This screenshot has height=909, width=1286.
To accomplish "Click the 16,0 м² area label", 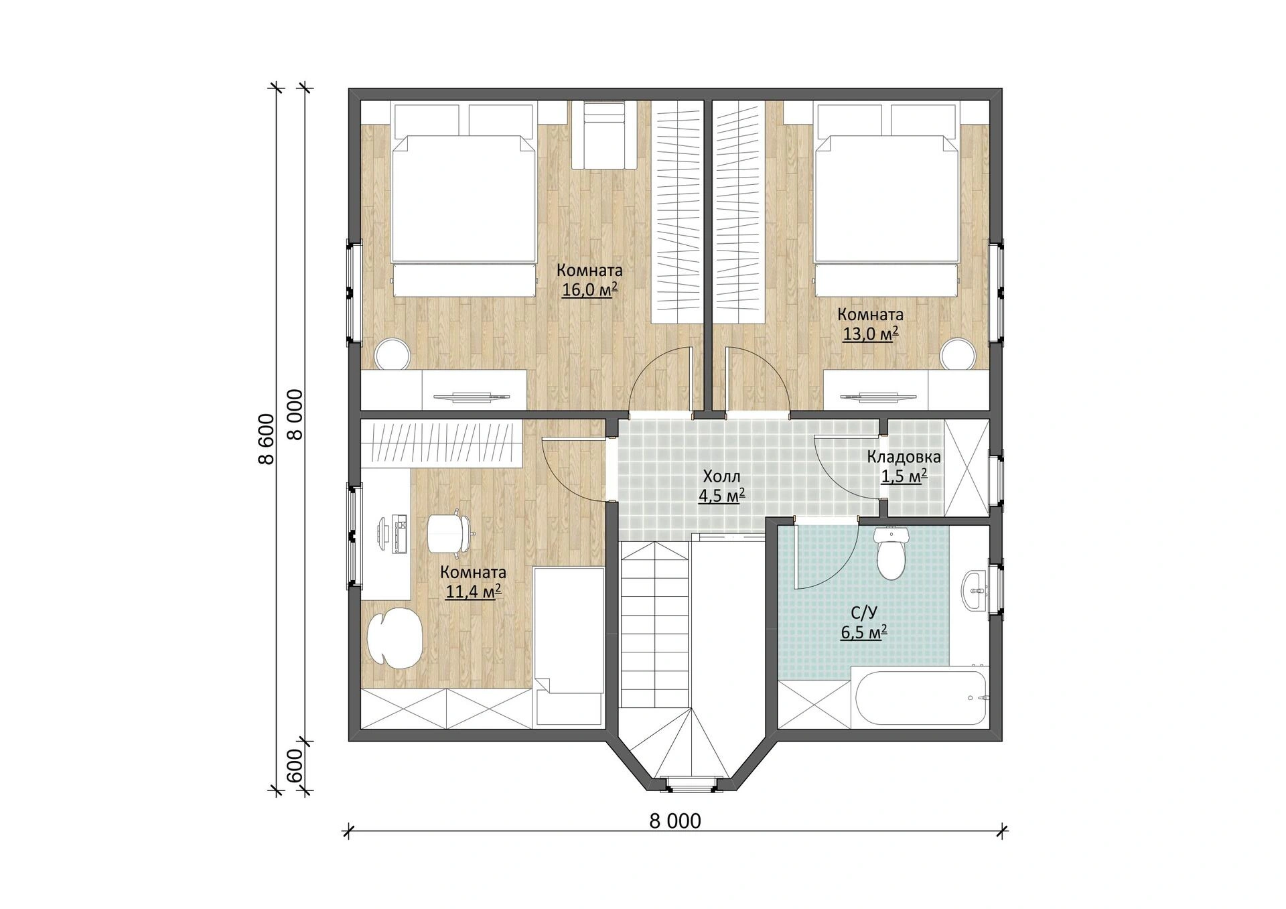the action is (589, 290).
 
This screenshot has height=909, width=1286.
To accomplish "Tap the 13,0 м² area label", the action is (870, 334).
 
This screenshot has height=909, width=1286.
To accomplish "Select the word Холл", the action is (721, 477).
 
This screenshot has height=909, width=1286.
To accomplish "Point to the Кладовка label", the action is (904, 458).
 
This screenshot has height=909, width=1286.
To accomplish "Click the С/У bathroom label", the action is (864, 613).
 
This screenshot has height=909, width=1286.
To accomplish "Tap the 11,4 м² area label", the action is (474, 592).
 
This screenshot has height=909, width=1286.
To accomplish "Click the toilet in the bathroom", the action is (891, 553).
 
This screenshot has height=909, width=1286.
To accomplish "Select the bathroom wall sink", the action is (975, 591).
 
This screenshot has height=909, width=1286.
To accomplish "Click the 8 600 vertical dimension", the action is (267, 439).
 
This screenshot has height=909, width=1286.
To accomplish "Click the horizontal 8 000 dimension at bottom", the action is (675, 821).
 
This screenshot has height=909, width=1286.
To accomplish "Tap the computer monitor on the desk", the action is (382, 534).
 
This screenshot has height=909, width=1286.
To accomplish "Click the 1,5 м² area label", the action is (904, 476).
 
